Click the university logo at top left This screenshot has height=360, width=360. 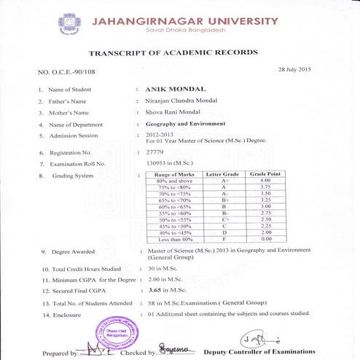[71, 24]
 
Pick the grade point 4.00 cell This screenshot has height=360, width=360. [265, 180]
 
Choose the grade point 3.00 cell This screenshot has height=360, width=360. [265, 206]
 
